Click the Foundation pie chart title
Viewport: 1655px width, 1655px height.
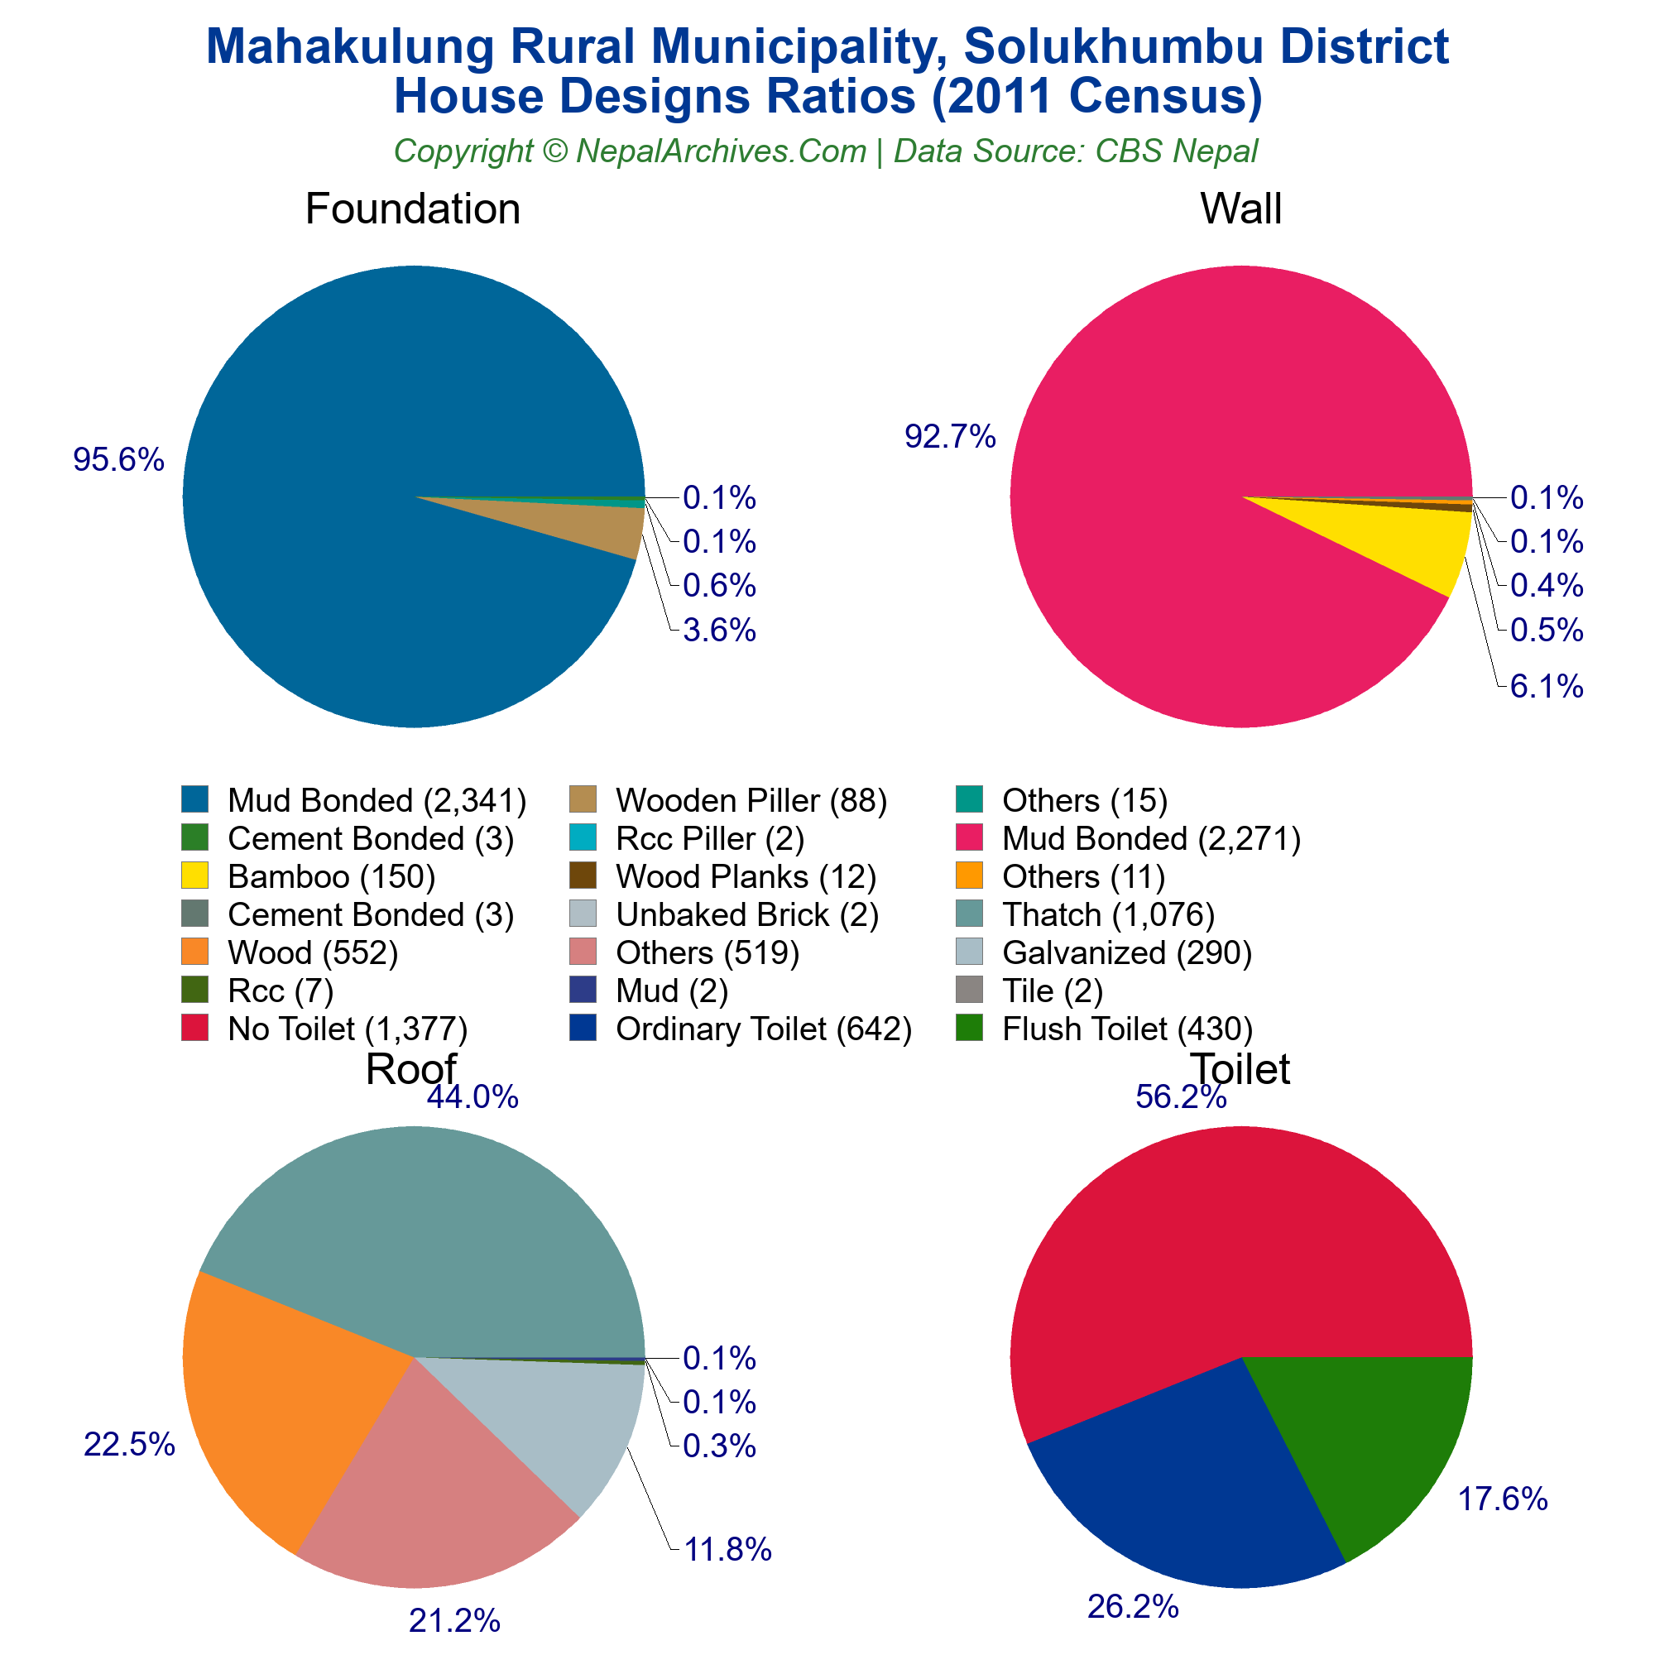(x=412, y=209)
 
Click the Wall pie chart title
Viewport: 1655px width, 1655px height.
(x=1240, y=209)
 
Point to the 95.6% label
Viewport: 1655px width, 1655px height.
(x=118, y=460)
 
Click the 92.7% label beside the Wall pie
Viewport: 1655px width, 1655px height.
(x=950, y=437)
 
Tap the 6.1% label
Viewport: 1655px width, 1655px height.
(x=1547, y=686)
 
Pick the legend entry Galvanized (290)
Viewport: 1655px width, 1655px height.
(x=1127, y=952)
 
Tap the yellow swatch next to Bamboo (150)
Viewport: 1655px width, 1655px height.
(x=195, y=876)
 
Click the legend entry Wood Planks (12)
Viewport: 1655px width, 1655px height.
(x=746, y=876)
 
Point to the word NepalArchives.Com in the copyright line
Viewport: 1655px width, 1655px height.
(x=722, y=151)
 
